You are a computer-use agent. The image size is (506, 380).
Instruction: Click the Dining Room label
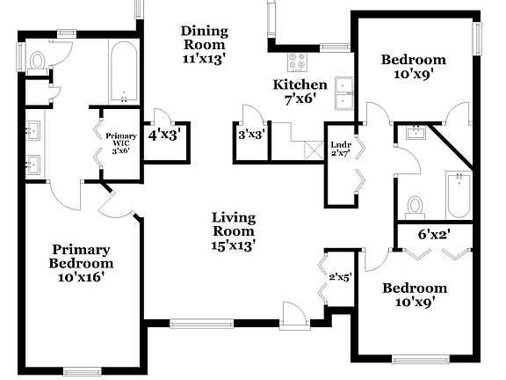(204, 44)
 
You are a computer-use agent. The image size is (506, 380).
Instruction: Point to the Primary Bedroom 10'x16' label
(83, 262)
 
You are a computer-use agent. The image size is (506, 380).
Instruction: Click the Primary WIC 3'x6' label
(121, 143)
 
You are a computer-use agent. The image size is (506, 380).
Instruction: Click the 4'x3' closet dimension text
(164, 136)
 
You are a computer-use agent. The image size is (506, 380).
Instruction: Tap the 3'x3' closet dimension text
(252, 136)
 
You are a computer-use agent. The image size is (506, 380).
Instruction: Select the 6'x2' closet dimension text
(435, 235)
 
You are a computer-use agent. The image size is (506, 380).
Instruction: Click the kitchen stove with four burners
(298, 62)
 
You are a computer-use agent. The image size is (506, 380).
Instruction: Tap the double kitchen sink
(344, 91)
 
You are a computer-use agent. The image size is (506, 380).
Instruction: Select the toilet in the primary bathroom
(37, 60)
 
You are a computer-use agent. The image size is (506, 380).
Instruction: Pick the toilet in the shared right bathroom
(416, 206)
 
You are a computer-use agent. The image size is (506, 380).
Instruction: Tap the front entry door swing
(293, 313)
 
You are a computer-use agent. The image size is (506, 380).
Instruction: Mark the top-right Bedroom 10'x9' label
(413, 67)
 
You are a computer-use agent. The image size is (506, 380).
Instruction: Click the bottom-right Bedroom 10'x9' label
(413, 295)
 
